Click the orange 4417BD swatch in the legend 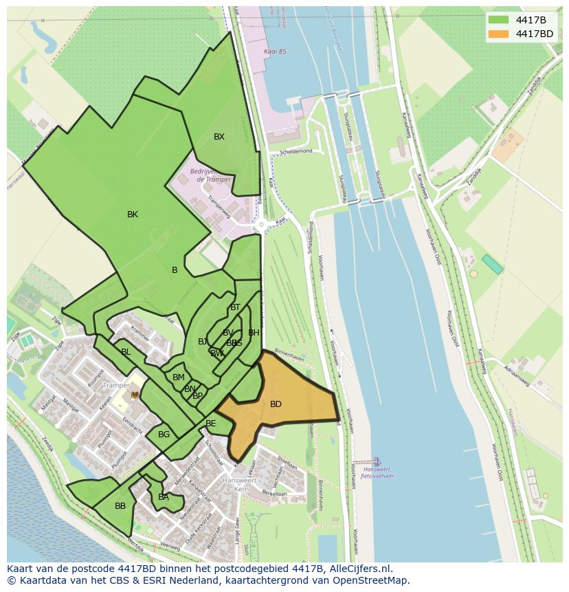point(499,34)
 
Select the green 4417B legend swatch point(499,19)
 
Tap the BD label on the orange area point(276,404)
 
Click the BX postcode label point(219,137)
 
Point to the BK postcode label point(133,215)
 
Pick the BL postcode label point(126,352)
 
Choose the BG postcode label point(164,435)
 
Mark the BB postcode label point(120,506)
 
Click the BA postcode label point(164,497)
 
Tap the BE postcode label point(211,424)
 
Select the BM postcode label point(179,377)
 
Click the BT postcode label point(236,307)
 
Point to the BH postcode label point(254,333)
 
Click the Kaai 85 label point(274,52)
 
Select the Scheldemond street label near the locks point(297,151)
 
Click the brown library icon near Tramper point(135,395)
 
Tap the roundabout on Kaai point(261,225)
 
